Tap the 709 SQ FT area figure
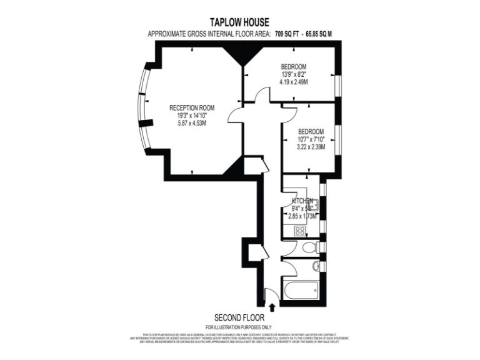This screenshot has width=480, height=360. point(296,34)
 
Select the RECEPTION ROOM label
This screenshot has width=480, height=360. point(191,107)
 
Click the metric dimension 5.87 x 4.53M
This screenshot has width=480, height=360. point(191,123)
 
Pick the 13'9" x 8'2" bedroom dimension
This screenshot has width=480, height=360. point(294,74)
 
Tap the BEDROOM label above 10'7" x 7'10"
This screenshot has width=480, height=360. point(311,131)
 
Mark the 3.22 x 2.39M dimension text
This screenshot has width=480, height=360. point(311,147)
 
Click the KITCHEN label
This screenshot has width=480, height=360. point(302,201)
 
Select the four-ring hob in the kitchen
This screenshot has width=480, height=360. point(299,230)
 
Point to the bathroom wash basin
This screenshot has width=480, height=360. point(316,267)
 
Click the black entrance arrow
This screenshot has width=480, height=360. point(272,306)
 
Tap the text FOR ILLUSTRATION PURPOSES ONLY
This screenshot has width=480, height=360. point(239,327)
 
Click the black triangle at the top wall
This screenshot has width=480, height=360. point(239,57)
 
